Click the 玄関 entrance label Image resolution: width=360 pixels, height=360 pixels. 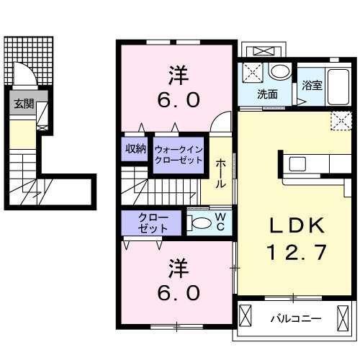[23, 104]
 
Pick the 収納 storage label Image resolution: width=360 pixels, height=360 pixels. [136, 149]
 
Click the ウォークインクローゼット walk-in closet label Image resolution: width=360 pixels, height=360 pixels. [179, 154]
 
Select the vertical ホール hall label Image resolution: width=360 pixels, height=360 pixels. [221, 174]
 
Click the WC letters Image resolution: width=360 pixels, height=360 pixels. [221, 222]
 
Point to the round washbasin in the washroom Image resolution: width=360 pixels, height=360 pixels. [279, 71]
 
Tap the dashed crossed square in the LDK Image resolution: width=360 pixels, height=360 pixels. [340, 120]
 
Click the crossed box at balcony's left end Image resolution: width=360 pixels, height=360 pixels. [246, 315]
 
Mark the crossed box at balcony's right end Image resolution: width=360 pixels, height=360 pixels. [342, 315]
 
